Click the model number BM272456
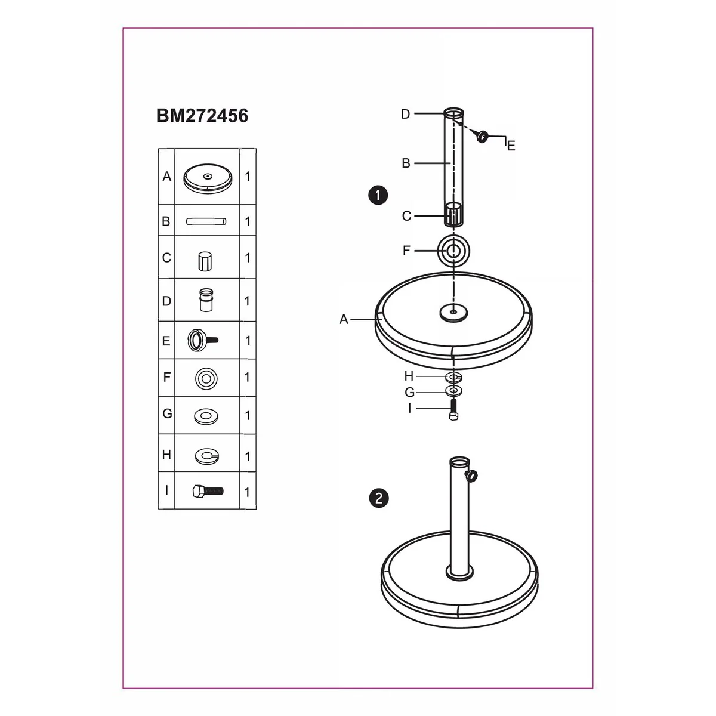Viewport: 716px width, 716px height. pyautogui.click(x=202, y=116)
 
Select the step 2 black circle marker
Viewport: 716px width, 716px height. pyautogui.click(x=379, y=498)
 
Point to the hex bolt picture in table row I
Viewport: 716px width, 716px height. pyautogui.click(x=208, y=492)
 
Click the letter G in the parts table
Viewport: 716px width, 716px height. pyautogui.click(x=167, y=413)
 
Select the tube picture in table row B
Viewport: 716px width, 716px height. pyautogui.click(x=206, y=222)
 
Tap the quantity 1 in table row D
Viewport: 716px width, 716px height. pyautogui.click(x=247, y=301)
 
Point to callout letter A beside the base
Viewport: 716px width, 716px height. pyautogui.click(x=344, y=319)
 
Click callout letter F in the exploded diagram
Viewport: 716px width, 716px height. pyautogui.click(x=406, y=251)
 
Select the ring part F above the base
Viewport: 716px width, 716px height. pyautogui.click(x=453, y=251)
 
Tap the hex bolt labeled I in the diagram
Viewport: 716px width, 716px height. pyautogui.click(x=453, y=410)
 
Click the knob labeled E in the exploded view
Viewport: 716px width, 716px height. pyautogui.click(x=482, y=137)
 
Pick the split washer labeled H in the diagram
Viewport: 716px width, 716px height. pyautogui.click(x=453, y=377)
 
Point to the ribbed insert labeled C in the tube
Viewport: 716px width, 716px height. pyautogui.click(x=453, y=215)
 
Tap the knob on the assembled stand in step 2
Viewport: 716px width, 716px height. pyautogui.click(x=472, y=475)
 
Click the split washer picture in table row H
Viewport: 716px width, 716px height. pyautogui.click(x=207, y=456)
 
